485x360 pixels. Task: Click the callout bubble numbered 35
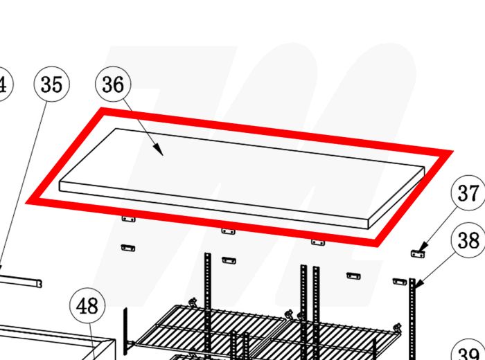point(51,84)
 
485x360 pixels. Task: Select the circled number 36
point(113,84)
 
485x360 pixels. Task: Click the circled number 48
point(88,305)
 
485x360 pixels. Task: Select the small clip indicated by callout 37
point(418,254)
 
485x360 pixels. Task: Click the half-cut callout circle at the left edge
point(3,84)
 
